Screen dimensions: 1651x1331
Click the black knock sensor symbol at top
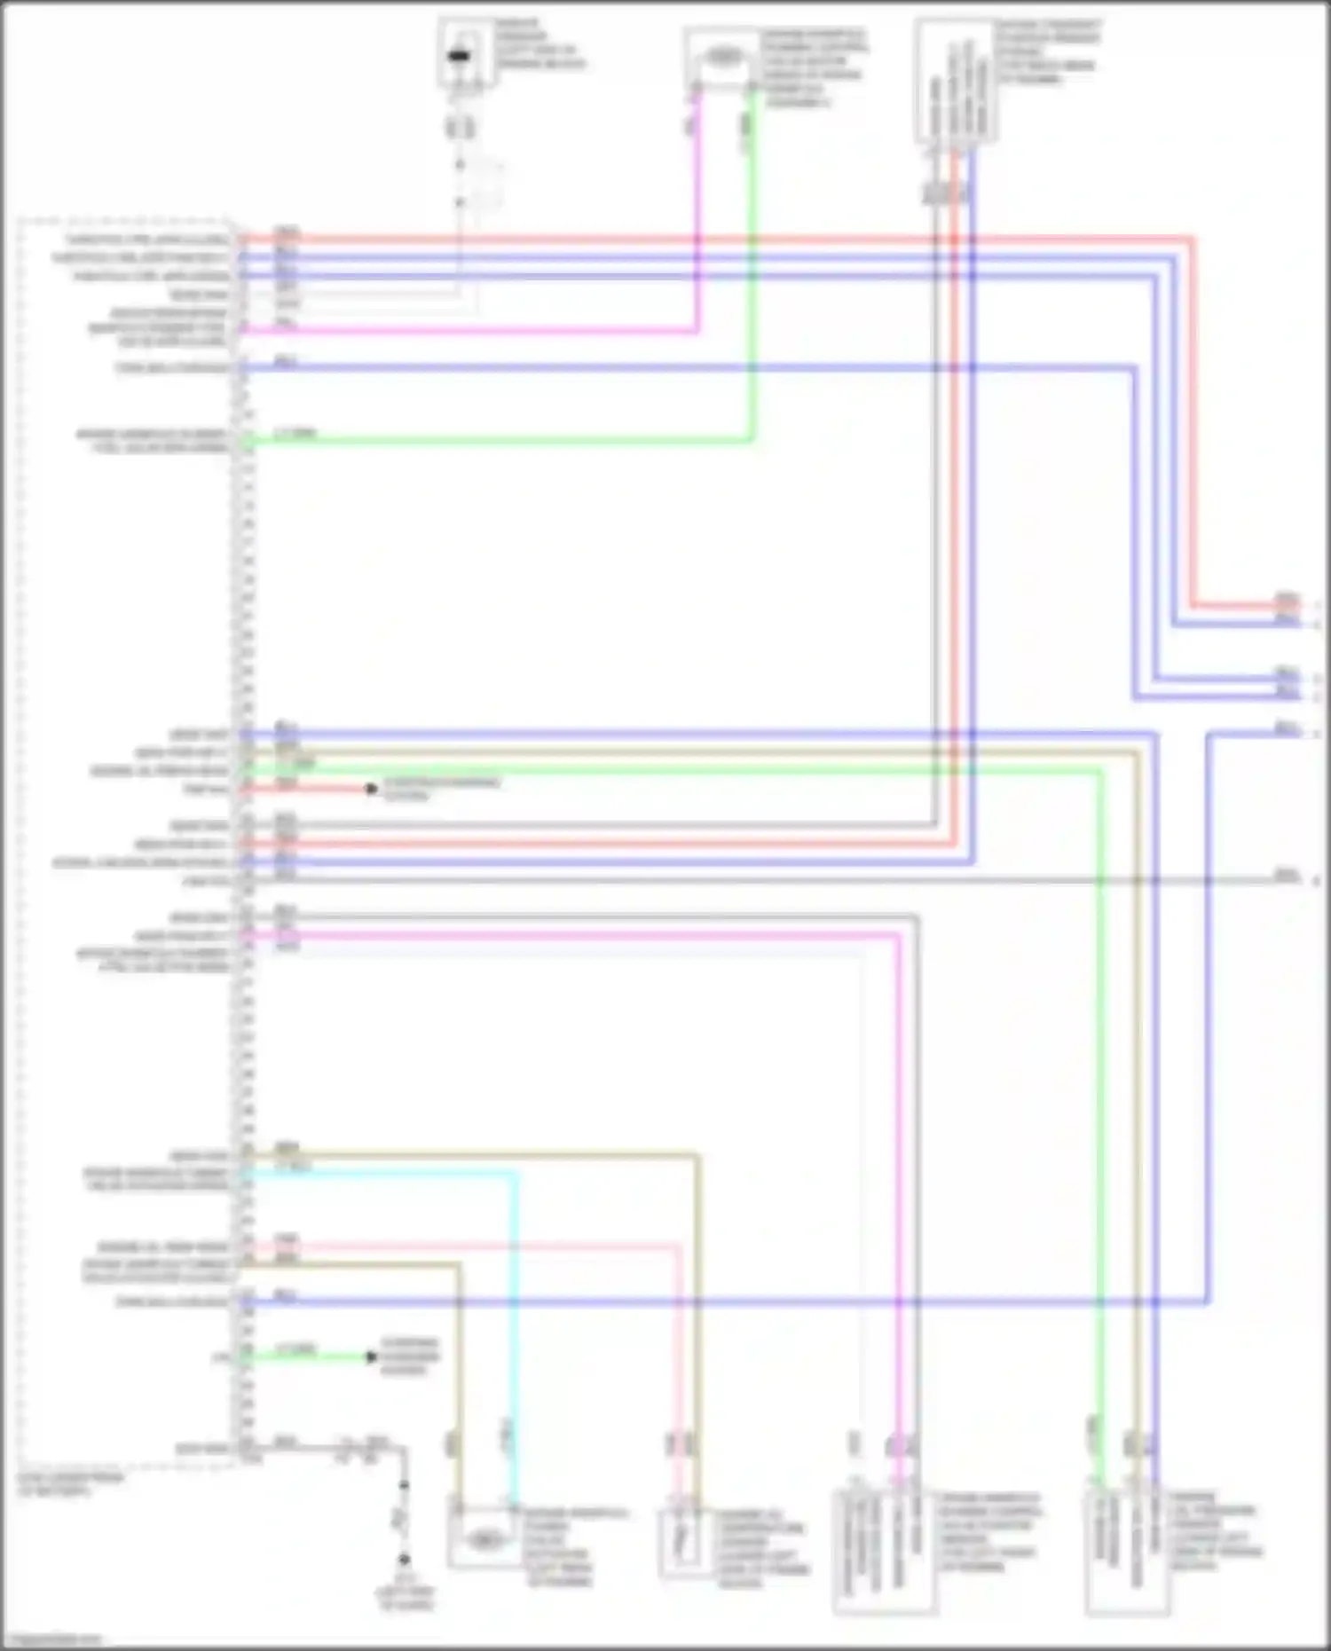click(460, 57)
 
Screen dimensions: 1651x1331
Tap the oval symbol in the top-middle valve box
click(722, 58)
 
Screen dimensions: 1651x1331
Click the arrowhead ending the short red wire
click(371, 789)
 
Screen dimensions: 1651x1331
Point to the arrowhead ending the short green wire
click(371, 1356)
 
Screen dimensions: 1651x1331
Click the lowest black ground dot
click(404, 1559)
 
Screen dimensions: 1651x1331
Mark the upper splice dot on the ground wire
click(404, 1484)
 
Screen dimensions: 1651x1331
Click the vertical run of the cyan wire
click(515, 1313)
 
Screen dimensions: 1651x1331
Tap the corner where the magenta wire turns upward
click(697, 331)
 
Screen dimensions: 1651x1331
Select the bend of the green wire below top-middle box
click(752, 438)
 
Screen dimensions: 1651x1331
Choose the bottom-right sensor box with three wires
click(1126, 1551)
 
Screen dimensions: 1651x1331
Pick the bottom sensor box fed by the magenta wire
click(883, 1551)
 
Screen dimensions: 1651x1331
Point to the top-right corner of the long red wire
click(1192, 239)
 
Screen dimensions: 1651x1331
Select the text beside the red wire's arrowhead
click(440, 789)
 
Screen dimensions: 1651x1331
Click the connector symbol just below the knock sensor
click(460, 128)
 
